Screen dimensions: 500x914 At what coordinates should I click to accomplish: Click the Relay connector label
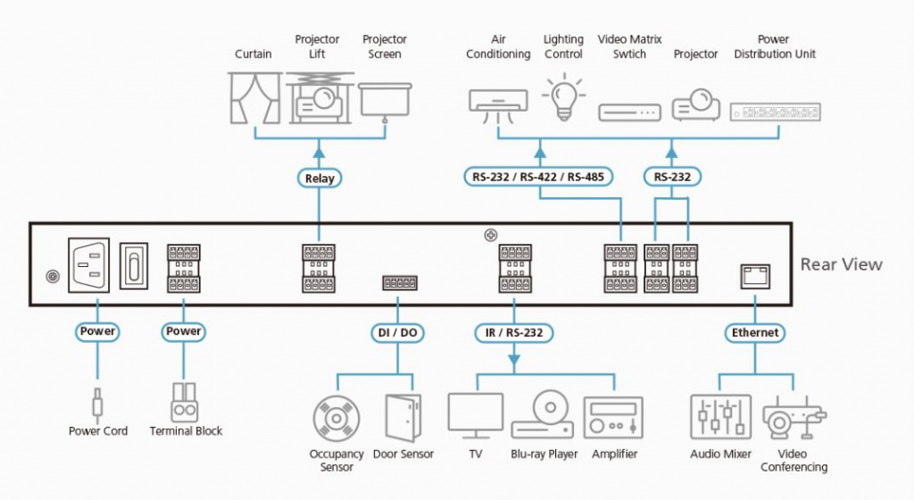[x=320, y=178]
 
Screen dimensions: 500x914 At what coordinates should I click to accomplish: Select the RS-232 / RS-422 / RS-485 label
[x=537, y=176]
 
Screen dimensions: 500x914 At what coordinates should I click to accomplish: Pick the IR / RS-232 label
[x=513, y=333]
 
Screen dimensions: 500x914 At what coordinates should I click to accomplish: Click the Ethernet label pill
[x=755, y=332]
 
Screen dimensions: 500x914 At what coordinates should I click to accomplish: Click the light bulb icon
[x=562, y=96]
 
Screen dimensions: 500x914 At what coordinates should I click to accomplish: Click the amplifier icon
[x=613, y=418]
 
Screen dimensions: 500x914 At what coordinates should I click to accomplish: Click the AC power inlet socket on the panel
[x=88, y=264]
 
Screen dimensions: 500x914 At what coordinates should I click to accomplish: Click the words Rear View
[x=841, y=263]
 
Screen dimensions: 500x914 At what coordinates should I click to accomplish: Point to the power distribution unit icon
[x=773, y=111]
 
